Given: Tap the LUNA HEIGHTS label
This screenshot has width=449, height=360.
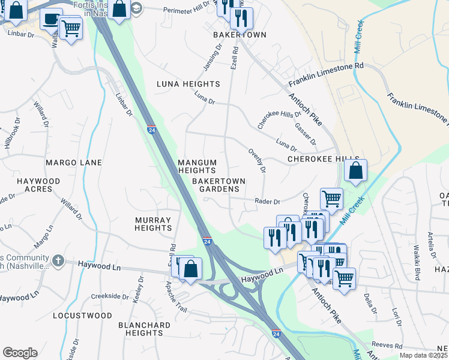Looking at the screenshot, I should [188, 84].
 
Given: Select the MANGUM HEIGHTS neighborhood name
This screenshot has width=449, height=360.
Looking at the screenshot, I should [196, 166].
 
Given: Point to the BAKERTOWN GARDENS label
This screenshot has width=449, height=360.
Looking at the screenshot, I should [215, 184].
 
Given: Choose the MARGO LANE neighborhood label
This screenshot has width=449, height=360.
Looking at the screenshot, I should [74, 163].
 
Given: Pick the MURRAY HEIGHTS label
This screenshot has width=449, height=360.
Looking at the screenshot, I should [153, 224].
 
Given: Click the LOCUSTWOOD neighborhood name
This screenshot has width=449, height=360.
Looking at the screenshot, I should [82, 316].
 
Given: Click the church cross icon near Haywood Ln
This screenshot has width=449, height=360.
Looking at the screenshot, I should [58, 260].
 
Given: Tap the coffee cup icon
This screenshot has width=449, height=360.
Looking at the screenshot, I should [51, 18].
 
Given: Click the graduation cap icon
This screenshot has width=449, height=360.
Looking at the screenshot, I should [137, 8].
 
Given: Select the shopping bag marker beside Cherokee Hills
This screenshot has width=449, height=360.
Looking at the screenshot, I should [356, 170].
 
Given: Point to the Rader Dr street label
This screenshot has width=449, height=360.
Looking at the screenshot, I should [268, 202].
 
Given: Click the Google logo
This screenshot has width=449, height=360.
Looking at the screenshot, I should [20, 353].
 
